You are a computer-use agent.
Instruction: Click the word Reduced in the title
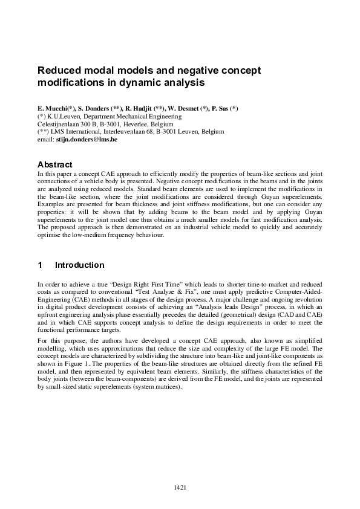(59, 70)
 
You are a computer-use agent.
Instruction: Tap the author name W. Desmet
(185, 108)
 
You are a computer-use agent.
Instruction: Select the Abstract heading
(55, 164)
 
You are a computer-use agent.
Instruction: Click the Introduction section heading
(80, 265)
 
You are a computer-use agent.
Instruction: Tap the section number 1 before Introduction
(40, 265)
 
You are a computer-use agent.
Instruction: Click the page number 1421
(180, 487)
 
